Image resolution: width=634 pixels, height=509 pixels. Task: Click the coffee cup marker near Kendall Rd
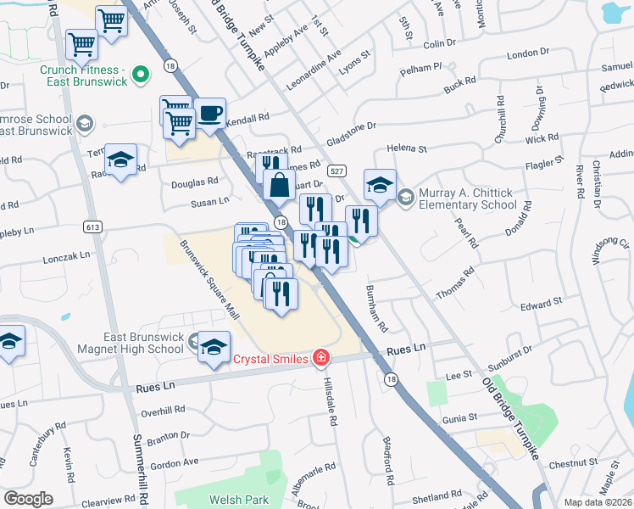tap(209, 113)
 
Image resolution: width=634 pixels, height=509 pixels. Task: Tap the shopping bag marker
tap(279, 182)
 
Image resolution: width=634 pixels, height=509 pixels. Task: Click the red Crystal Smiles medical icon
tap(320, 358)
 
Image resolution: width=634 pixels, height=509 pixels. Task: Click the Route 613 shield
tap(93, 227)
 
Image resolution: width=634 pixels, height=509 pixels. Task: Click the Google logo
tap(28, 499)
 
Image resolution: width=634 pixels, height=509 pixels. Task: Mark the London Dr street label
tap(528, 53)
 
